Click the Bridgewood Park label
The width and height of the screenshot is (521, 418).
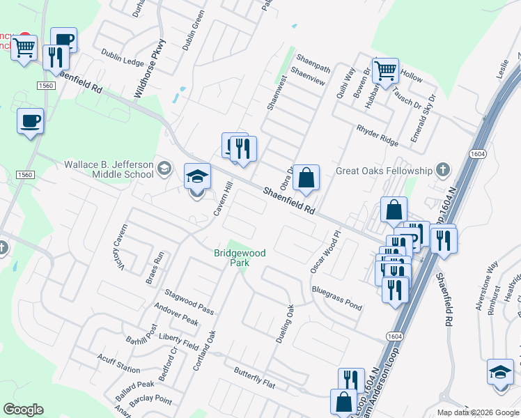pos(240,258)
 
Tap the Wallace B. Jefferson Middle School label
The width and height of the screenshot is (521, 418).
pos(108,169)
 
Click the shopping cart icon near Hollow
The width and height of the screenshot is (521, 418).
pos(385,70)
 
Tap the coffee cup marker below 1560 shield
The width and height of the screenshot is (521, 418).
pos(30,121)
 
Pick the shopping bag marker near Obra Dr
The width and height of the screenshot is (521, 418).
pos(306,178)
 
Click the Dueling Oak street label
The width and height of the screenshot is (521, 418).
pos(284,323)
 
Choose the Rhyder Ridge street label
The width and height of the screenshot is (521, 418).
pos(378,135)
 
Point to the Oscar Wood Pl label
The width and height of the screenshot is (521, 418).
pos(327,252)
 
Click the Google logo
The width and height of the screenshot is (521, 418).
pos(23,409)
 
